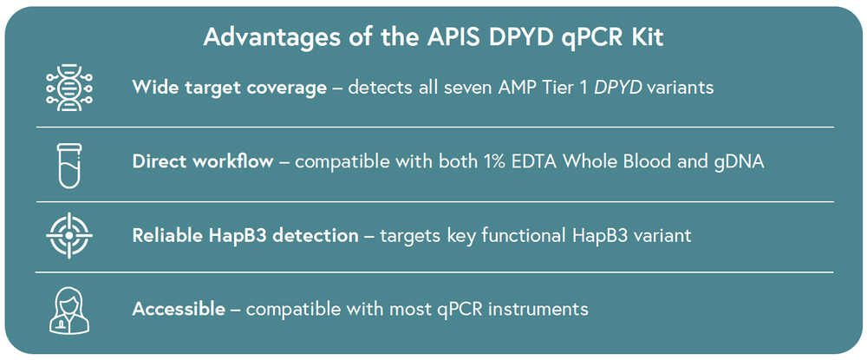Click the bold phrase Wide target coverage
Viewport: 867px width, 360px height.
(230, 88)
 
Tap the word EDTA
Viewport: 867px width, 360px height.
(555, 161)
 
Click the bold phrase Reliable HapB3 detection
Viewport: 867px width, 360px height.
(244, 234)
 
